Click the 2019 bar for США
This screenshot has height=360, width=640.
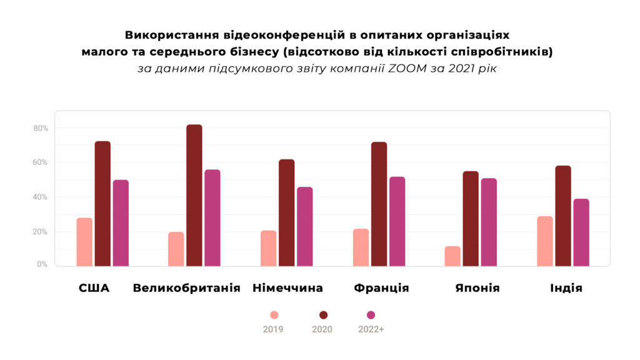(x=84, y=242)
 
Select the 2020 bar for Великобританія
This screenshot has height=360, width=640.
(x=194, y=196)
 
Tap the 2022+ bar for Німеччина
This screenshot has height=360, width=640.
(x=304, y=226)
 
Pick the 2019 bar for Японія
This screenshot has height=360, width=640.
(x=452, y=256)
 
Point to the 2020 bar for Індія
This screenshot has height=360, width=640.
(x=563, y=216)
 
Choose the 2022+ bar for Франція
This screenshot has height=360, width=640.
(x=397, y=221)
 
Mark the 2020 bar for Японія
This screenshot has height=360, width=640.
(x=471, y=219)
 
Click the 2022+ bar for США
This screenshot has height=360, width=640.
(x=121, y=223)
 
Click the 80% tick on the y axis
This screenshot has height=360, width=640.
(x=41, y=129)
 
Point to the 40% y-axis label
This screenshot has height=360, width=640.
(x=41, y=197)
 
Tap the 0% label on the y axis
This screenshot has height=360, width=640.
(x=42, y=264)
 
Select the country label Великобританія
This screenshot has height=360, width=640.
(x=187, y=288)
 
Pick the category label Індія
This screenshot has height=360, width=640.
(x=566, y=288)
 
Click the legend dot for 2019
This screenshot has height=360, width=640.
(x=274, y=315)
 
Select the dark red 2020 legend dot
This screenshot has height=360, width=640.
(x=322, y=315)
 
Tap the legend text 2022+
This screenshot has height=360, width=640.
(x=371, y=329)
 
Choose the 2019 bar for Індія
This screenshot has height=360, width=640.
(x=544, y=241)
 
